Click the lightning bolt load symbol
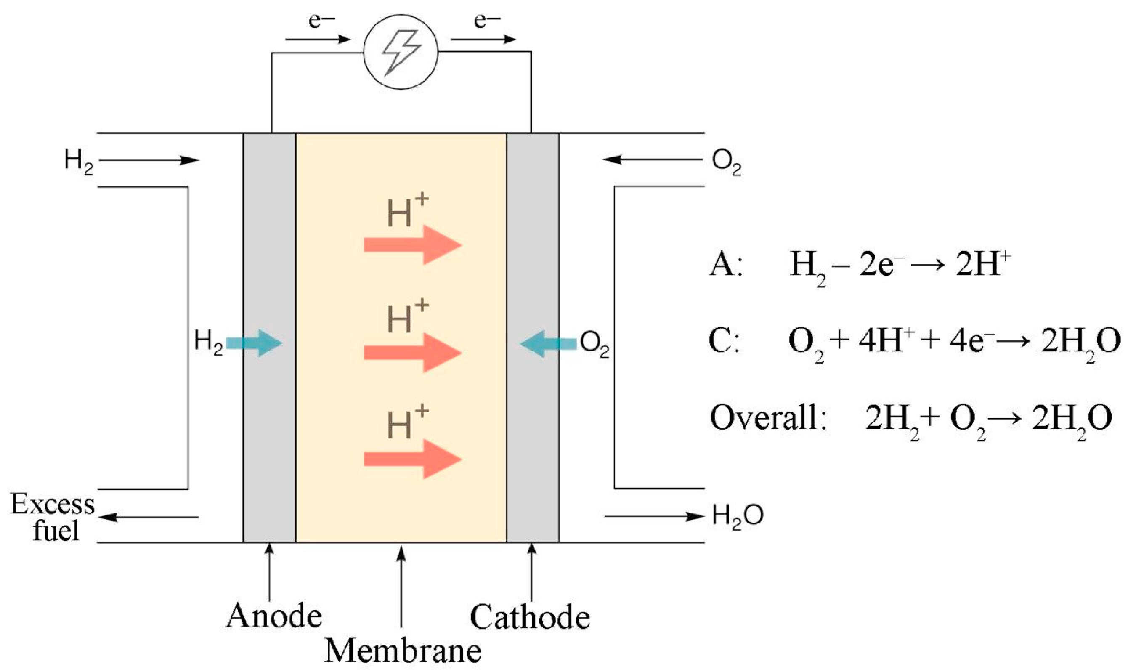401,52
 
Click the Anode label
274,616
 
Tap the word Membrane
403,651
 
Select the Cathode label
530,617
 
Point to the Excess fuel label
53,517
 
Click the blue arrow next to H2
254,343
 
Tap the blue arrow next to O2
548,344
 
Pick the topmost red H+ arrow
412,245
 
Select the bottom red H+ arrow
412,459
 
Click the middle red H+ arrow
412,352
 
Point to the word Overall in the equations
764,417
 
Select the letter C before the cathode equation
721,340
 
